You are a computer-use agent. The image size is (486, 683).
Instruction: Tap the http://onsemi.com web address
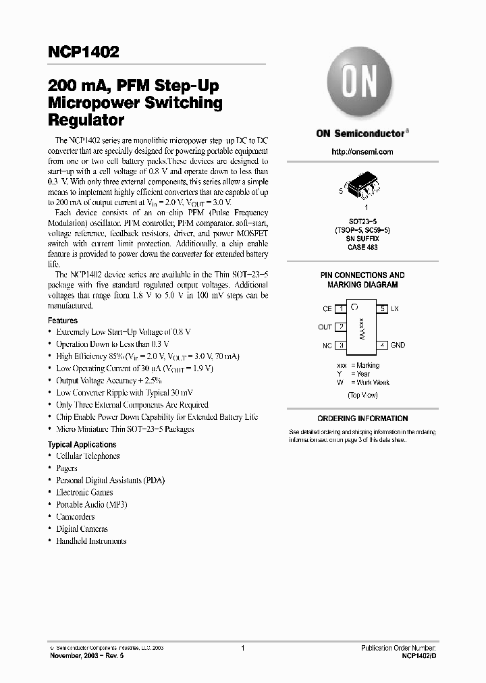click(362, 152)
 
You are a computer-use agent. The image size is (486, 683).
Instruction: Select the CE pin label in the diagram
click(327, 308)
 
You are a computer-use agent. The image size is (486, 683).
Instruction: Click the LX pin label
click(395, 308)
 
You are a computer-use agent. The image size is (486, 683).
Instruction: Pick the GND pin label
click(398, 345)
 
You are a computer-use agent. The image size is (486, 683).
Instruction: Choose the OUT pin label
click(325, 327)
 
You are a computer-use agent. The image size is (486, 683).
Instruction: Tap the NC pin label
click(327, 345)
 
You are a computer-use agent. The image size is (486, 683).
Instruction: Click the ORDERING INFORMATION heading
click(362, 418)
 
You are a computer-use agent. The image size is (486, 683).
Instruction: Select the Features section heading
click(63, 321)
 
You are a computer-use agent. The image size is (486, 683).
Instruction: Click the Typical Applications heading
click(82, 445)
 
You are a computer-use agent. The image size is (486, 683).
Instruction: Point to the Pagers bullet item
click(67, 468)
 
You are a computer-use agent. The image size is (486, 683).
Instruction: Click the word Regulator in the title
click(86, 121)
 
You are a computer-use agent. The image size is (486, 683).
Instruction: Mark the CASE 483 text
click(362, 248)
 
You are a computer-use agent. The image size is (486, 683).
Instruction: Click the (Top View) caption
click(362, 395)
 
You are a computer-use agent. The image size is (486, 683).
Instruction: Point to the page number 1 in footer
click(242, 648)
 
